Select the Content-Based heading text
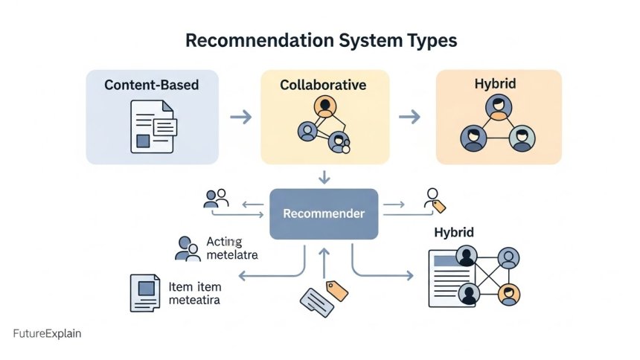tap(152, 85)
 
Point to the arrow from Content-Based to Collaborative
tap(240, 117)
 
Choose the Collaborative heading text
tap(323, 85)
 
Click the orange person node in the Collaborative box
tap(323, 106)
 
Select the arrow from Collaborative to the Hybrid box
tap(409, 117)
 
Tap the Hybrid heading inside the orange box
tap(495, 85)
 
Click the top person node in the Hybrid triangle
tap(499, 107)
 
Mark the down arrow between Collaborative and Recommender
tap(324, 177)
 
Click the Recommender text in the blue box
tap(324, 213)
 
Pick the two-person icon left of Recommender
tap(216, 198)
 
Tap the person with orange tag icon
tap(433, 200)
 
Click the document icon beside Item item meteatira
tap(145, 292)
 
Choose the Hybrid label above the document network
tap(454, 233)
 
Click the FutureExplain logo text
tap(47, 334)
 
